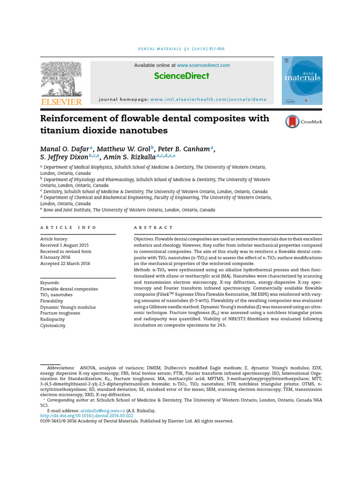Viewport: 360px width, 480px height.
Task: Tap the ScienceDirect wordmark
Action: click(182, 76)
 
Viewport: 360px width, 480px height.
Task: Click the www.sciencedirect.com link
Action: click(203, 65)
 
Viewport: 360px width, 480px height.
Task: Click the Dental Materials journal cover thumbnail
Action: click(302, 80)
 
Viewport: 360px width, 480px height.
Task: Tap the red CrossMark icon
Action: click(292, 122)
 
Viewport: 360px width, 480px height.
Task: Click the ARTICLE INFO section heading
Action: click(68, 227)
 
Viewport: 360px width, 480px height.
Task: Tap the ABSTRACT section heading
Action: click(153, 227)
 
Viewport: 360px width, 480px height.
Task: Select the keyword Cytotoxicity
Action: click(53, 325)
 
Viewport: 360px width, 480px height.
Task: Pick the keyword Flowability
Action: click(52, 301)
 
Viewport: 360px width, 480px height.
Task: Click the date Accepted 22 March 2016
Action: click(65, 263)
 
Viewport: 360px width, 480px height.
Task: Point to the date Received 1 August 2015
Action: click(64, 245)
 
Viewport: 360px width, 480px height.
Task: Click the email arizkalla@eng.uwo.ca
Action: click(103, 410)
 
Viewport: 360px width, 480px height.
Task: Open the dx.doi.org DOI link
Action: click(87, 416)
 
